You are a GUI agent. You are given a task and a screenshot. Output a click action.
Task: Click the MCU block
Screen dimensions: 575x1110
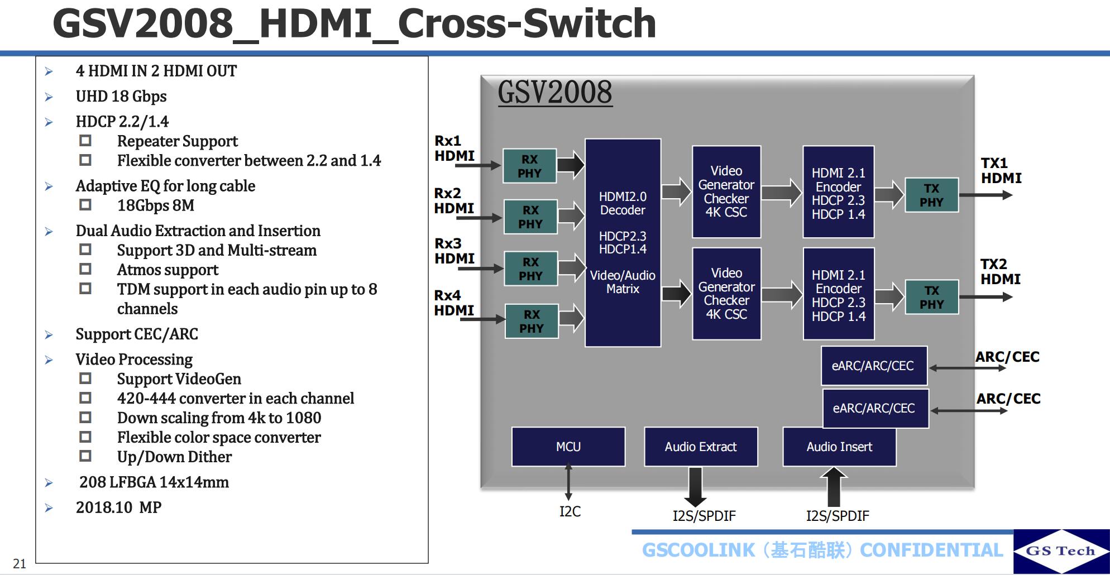[568, 447]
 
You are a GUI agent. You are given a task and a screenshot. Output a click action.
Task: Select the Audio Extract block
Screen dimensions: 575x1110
[700, 447]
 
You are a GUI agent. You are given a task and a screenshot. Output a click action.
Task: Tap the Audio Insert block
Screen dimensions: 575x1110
[839, 447]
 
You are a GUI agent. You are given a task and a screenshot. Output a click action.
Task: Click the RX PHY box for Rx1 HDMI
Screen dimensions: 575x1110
[529, 166]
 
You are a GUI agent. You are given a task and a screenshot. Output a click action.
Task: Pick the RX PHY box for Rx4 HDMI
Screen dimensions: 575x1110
[531, 321]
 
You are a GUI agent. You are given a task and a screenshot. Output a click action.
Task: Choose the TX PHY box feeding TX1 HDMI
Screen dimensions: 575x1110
[931, 195]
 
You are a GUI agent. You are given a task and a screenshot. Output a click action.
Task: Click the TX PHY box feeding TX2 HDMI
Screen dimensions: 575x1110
[931, 297]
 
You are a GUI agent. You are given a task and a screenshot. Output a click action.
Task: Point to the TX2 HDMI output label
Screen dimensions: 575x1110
[1000, 271]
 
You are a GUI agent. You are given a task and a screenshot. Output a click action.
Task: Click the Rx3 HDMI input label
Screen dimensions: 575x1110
[454, 251]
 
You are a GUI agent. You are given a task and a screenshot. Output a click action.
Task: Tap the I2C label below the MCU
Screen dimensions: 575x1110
[570, 511]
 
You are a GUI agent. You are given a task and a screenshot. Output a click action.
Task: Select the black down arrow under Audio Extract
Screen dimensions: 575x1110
[695, 487]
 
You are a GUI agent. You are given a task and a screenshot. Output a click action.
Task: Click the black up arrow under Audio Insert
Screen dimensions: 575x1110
[834, 487]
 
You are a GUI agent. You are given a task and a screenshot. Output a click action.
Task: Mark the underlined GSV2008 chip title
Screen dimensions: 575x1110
[554, 92]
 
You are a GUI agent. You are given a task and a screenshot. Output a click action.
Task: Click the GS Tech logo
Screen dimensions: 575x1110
[1060, 551]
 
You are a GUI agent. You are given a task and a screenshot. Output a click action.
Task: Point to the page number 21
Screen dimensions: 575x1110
[20, 563]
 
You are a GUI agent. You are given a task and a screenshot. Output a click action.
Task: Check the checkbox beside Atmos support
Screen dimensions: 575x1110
[85, 269]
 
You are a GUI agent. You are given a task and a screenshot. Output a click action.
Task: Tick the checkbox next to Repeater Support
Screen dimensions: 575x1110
[85, 141]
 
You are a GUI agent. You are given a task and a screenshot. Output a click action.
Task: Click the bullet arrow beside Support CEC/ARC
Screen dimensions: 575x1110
[49, 334]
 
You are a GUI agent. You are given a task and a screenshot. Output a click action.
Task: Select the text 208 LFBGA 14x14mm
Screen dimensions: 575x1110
[154, 482]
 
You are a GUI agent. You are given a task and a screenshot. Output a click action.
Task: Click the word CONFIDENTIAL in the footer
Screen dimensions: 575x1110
[931, 550]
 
